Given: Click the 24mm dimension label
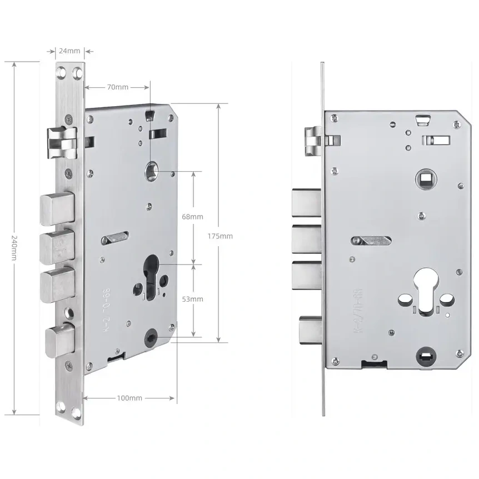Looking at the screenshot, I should pyautogui.click(x=70, y=51).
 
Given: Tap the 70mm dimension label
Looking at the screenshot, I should pyautogui.click(x=118, y=87).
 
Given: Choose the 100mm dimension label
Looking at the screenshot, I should pyautogui.click(x=130, y=398).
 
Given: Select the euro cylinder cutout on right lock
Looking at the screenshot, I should pyautogui.click(x=425, y=290).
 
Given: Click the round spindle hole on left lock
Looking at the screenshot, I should pyautogui.click(x=151, y=169).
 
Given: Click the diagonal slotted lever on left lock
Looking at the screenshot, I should pyautogui.click(x=115, y=238).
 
